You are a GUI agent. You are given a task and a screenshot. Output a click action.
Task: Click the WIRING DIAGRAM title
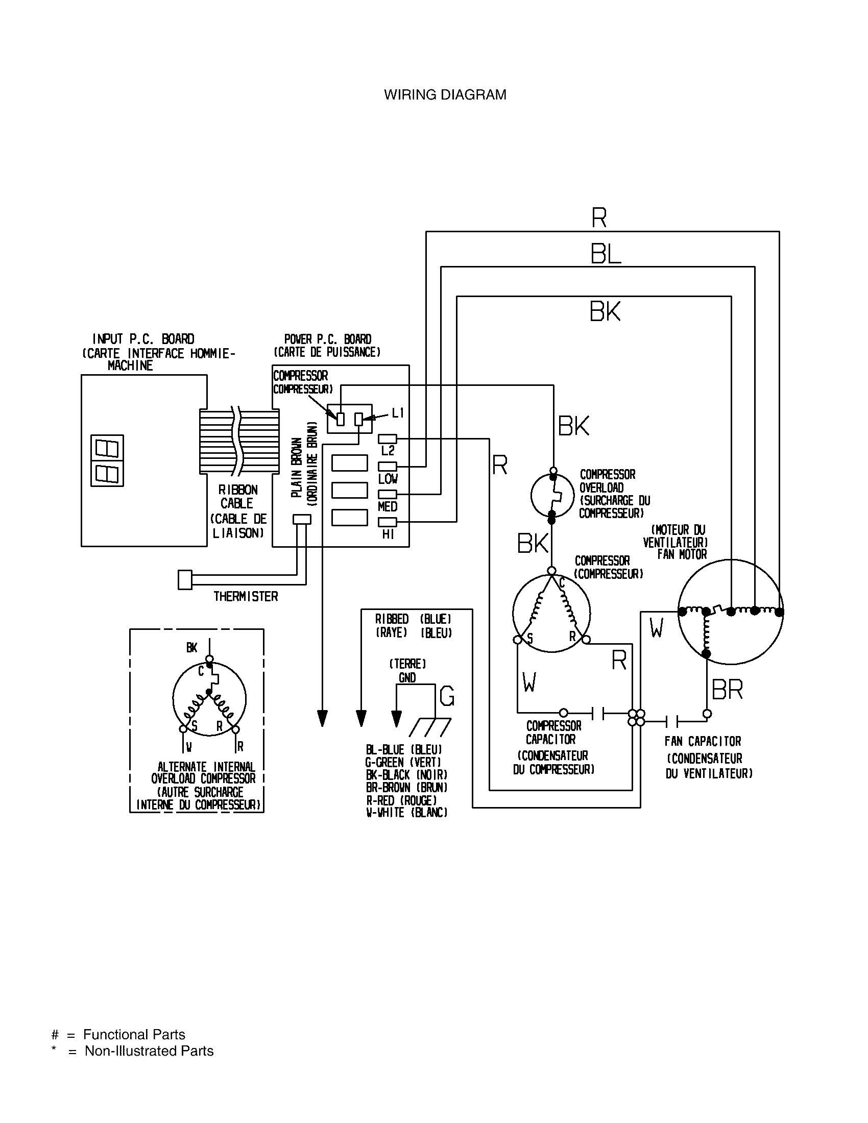click(x=445, y=94)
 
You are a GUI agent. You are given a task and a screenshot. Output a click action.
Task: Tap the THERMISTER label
click(x=245, y=596)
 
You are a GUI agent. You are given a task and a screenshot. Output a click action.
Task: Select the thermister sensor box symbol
click(x=185, y=579)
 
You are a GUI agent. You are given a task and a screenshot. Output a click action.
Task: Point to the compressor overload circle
click(x=552, y=495)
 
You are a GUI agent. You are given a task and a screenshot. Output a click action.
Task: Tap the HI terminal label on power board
click(x=388, y=534)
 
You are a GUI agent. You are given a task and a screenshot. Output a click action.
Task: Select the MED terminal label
click(x=388, y=506)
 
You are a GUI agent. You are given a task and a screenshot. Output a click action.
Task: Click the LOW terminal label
click(x=388, y=479)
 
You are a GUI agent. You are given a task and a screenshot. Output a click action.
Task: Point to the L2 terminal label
click(x=388, y=451)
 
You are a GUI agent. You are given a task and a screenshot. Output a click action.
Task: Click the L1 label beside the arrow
click(x=399, y=412)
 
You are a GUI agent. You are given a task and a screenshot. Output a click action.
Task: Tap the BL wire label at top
click(x=605, y=254)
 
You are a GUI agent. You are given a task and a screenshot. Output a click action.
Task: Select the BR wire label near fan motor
click(x=727, y=690)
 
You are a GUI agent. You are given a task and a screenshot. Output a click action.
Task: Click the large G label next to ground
click(x=447, y=697)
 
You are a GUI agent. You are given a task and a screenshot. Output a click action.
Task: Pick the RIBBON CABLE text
click(x=237, y=496)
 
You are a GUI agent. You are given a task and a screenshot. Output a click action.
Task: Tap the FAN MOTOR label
click(x=682, y=554)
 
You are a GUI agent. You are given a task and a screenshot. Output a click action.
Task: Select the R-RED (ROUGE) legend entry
click(x=401, y=800)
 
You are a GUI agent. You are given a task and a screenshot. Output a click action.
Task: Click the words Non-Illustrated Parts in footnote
click(x=149, y=1051)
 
